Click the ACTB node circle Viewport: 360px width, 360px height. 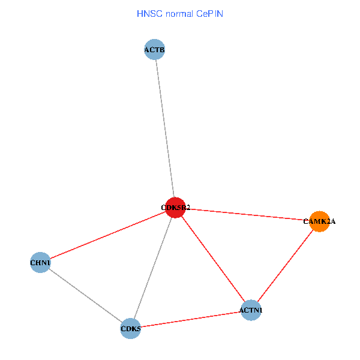[x=155, y=49]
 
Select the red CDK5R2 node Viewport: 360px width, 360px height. [x=175, y=208]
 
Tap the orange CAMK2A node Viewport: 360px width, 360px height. [x=319, y=221]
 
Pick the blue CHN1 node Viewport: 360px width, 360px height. [x=40, y=262]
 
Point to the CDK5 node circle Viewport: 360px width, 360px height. [x=130, y=329]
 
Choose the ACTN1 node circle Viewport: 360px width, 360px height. [x=251, y=310]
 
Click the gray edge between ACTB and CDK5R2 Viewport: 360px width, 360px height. [x=165, y=128]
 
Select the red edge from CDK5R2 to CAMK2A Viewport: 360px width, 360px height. [x=247, y=214]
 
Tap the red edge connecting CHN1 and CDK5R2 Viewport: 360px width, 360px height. [x=108, y=235]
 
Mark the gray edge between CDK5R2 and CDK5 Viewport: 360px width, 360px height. [x=153, y=268]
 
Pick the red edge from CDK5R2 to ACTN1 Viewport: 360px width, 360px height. [x=213, y=259]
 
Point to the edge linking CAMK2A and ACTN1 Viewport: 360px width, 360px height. [x=285, y=265]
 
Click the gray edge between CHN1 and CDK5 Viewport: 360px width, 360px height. [x=85, y=295]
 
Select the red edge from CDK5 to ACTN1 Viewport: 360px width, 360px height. [x=190, y=319]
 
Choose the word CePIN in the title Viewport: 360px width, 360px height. [x=209, y=13]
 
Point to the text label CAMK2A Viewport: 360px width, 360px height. [x=319, y=221]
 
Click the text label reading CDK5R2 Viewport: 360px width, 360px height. [x=175, y=208]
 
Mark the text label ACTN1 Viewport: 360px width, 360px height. [x=251, y=310]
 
